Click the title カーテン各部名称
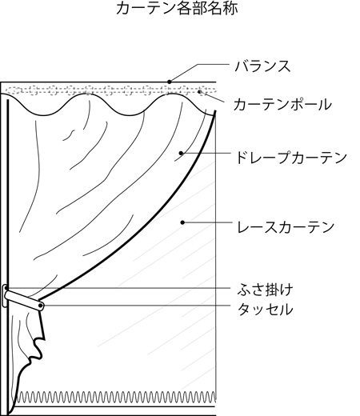[177, 8]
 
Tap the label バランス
[262, 66]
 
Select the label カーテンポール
[282, 104]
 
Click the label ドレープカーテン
[291, 158]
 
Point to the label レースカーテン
[286, 227]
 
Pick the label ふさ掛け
[265, 290]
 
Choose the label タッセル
[265, 310]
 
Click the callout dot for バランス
[170, 82]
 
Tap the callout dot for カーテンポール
[199, 92]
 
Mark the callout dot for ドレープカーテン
[181, 153]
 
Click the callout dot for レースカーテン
[182, 222]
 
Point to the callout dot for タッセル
[40, 306]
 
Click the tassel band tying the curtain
[24, 300]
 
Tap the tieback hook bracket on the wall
[5, 295]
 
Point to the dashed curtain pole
[110, 90]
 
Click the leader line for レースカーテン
[207, 222]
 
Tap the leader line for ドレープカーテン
[206, 153]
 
